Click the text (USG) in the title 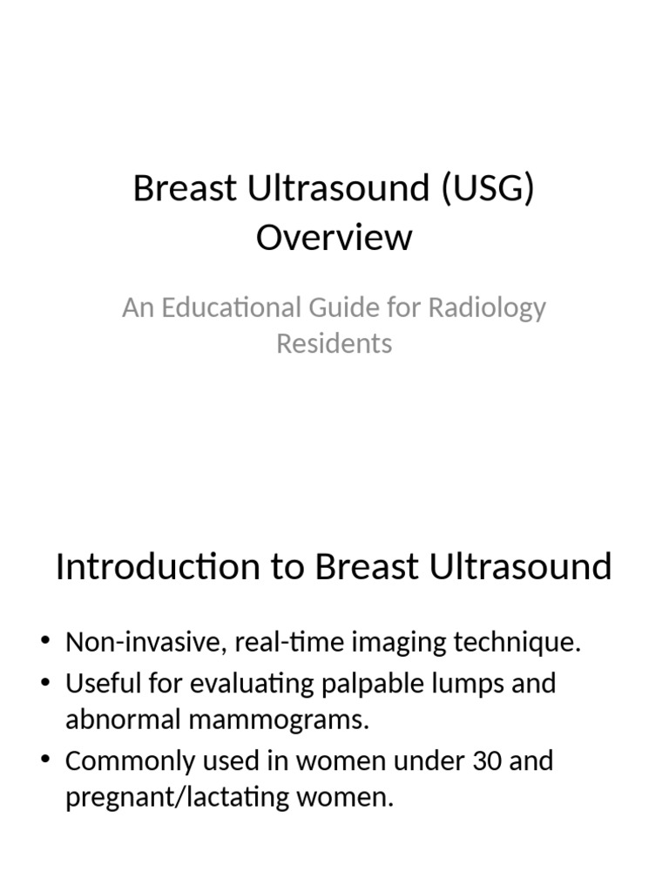[487, 189]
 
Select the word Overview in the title [334, 237]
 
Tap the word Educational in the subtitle [229, 308]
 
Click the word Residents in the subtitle [334, 343]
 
